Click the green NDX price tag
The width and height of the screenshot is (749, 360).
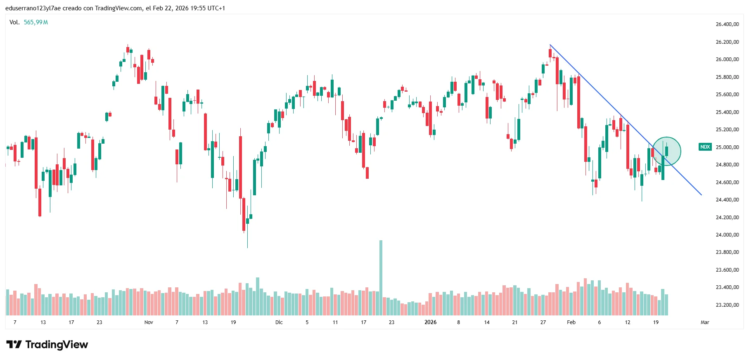click(705, 147)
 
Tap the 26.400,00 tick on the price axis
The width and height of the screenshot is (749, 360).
click(727, 24)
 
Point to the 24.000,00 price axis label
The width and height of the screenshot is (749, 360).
click(727, 235)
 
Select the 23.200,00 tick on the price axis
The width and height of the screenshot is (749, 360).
click(727, 305)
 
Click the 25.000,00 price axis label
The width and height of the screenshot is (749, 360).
click(727, 147)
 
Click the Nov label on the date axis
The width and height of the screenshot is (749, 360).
click(149, 322)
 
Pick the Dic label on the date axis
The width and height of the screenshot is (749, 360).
click(279, 322)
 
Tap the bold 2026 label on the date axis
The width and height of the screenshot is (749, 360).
click(430, 322)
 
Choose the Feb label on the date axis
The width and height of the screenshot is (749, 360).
click(571, 322)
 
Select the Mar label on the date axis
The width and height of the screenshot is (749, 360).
click(705, 322)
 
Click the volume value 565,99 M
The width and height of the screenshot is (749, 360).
click(36, 22)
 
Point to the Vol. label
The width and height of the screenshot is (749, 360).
click(14, 22)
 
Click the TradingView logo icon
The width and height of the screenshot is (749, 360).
click(14, 345)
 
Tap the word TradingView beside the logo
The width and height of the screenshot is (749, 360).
click(57, 345)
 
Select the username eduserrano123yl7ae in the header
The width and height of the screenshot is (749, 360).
click(33, 8)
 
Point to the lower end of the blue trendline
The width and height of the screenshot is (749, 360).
click(701, 194)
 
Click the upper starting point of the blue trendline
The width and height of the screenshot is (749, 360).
click(550, 45)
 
